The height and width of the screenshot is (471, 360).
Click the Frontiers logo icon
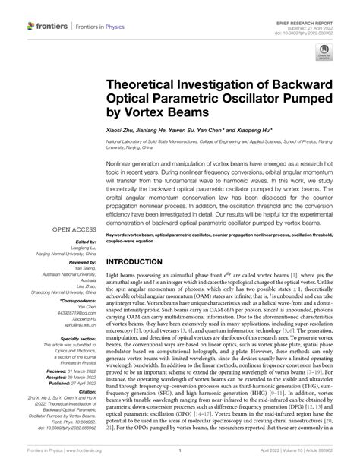[x=32, y=26]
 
